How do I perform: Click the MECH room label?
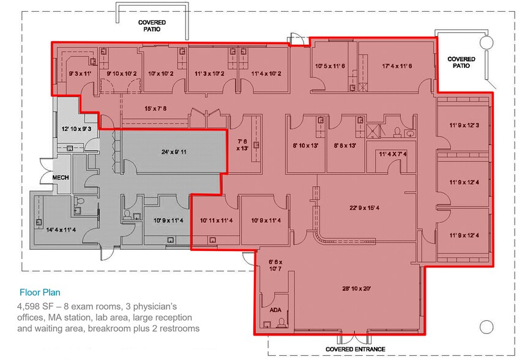pos(59,178)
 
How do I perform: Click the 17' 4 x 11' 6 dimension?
pos(397,66)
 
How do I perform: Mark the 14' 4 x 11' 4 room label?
pos(60,230)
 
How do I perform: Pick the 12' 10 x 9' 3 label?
pos(76,129)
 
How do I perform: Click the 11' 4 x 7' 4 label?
pos(392,154)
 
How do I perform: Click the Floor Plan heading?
pos(40,293)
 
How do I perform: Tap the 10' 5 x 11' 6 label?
pos(330,66)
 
